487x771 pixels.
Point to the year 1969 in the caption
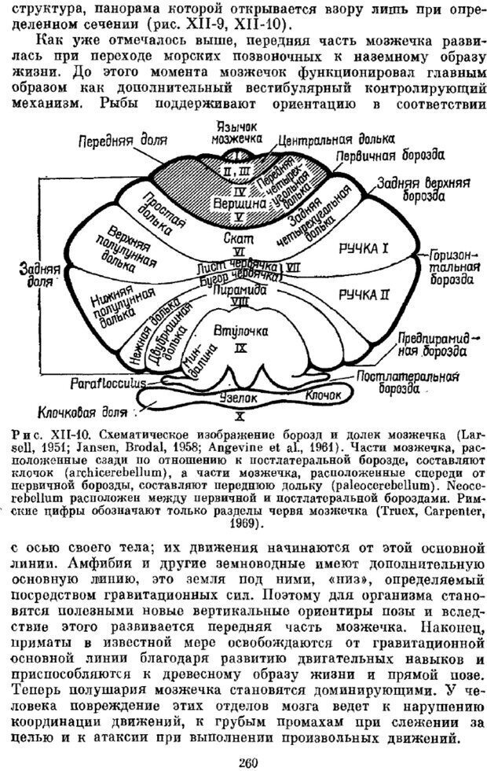coord(247,501)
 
